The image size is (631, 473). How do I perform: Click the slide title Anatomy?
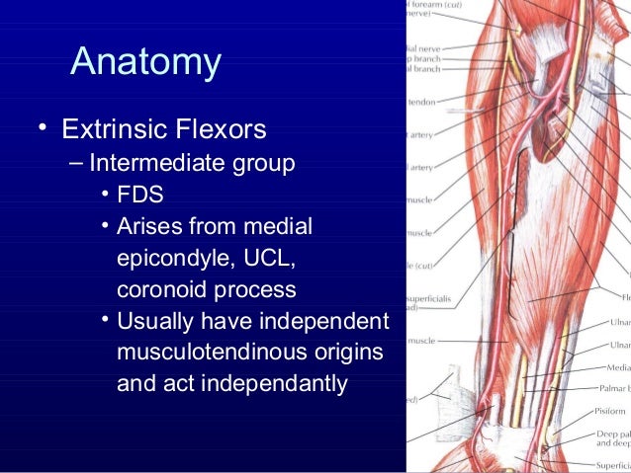point(146,62)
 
